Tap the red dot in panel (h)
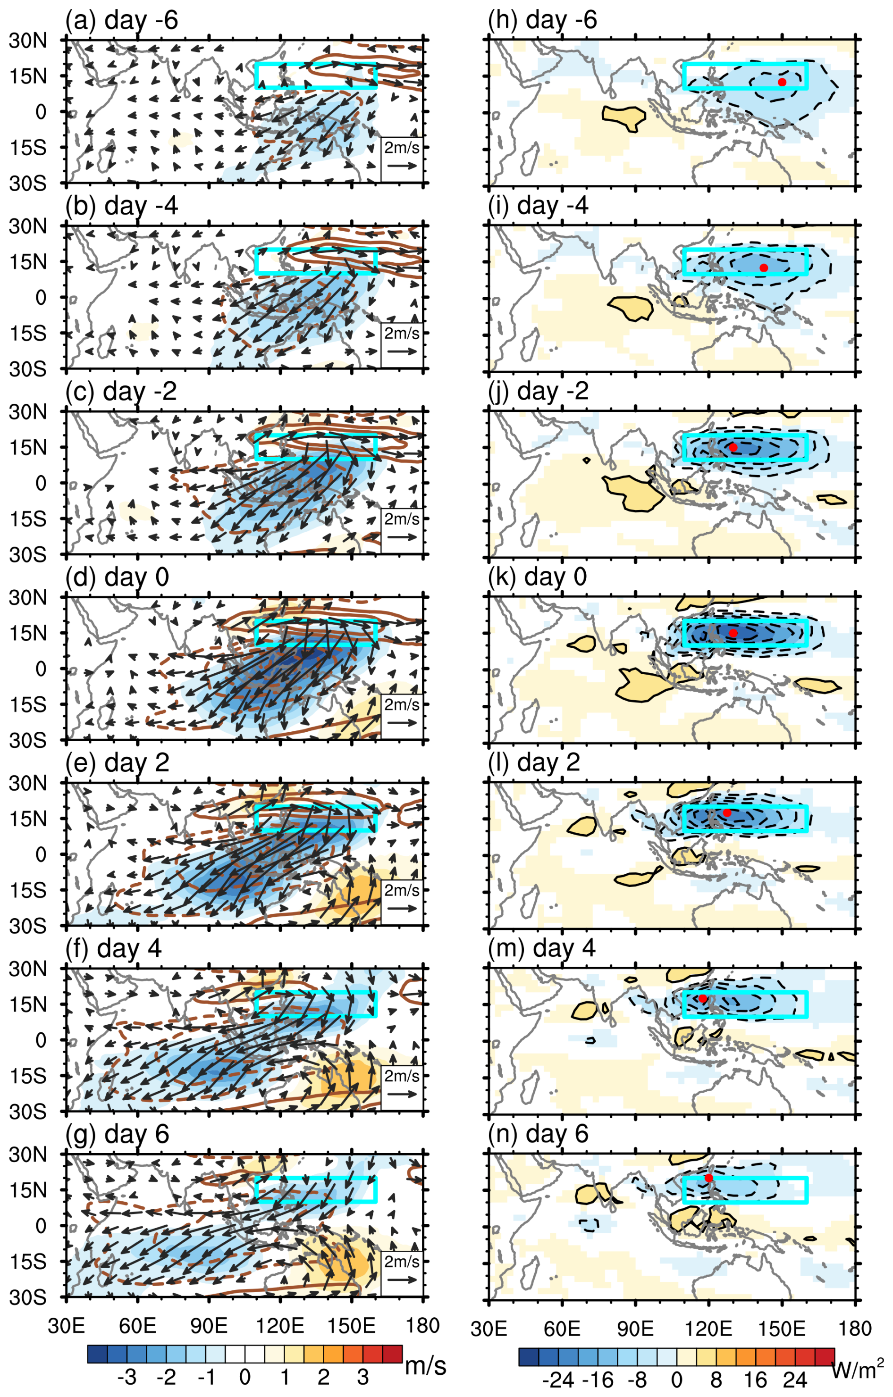tap(782, 83)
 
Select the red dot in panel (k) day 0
tap(733, 633)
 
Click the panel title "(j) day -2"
tap(538, 391)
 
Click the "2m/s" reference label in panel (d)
tap(402, 704)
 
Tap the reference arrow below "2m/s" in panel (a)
tap(402, 165)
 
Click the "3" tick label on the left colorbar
tap(362, 1376)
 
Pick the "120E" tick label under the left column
tap(280, 1326)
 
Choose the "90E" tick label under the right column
tap(635, 1328)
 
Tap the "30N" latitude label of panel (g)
tap(28, 1154)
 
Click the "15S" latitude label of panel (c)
tap(28, 519)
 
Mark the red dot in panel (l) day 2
tap(726, 813)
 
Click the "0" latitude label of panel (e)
tap(41, 854)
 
